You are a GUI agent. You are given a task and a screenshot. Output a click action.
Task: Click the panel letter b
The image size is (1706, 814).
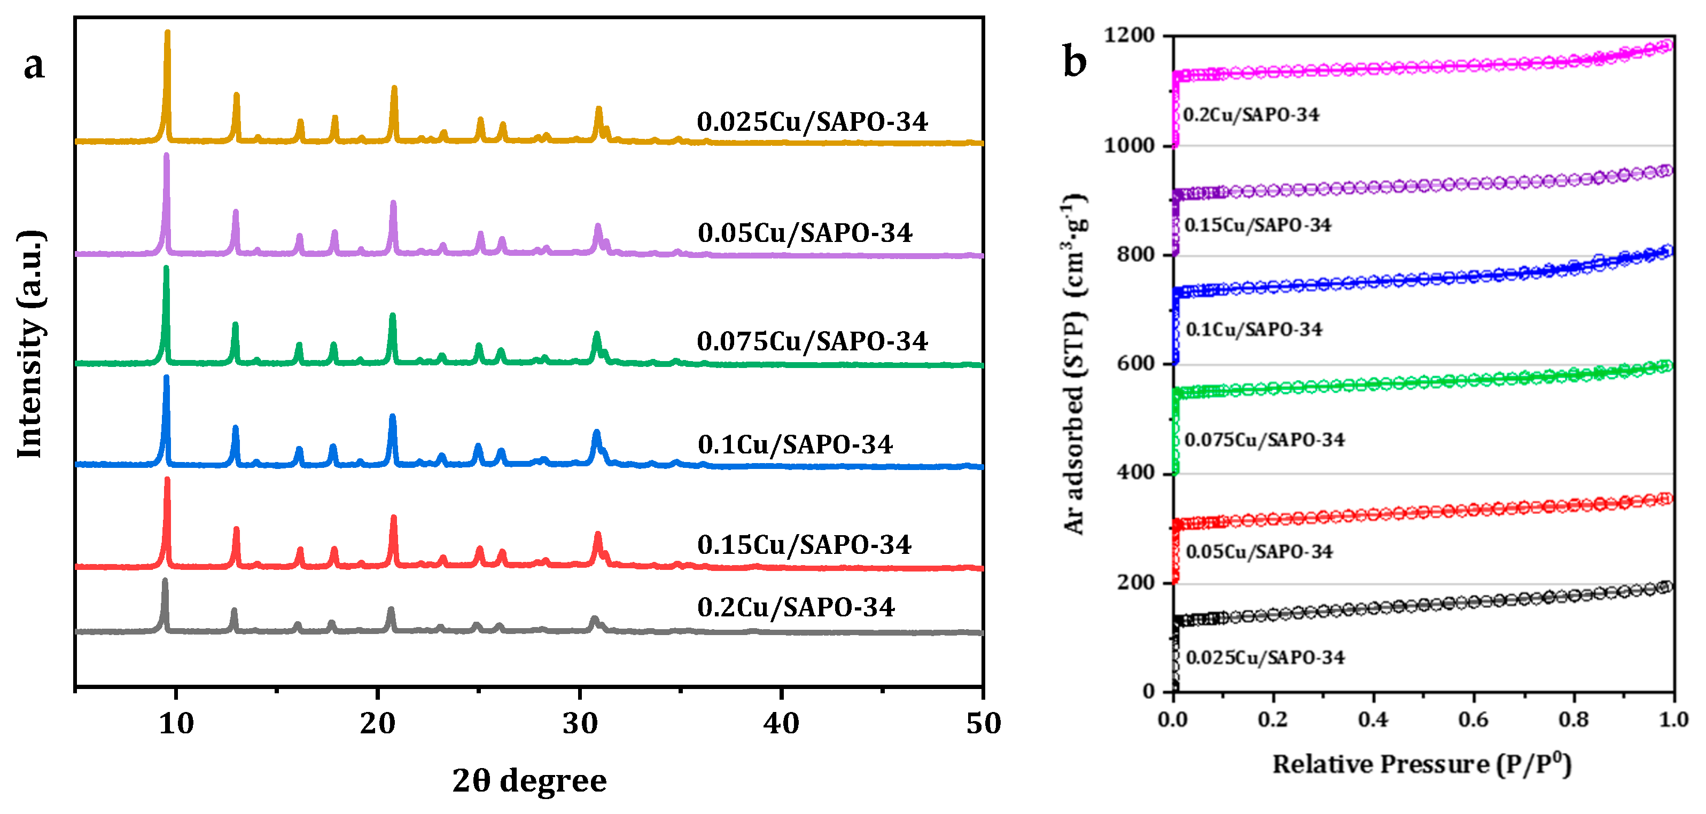pyautogui.click(x=1074, y=61)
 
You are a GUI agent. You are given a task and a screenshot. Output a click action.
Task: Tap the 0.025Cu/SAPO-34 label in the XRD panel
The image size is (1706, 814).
pyautogui.click(x=812, y=122)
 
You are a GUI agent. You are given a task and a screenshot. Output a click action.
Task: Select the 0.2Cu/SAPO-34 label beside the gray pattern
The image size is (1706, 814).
pyautogui.click(x=796, y=607)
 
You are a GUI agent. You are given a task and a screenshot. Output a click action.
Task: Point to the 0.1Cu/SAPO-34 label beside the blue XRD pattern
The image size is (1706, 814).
pyautogui.click(x=794, y=444)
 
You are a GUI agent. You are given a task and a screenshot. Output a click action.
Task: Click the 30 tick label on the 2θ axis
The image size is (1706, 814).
pyautogui.click(x=580, y=723)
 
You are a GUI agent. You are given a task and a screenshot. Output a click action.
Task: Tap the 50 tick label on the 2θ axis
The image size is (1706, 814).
pyautogui.click(x=983, y=723)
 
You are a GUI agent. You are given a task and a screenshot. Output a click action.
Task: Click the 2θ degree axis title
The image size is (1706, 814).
pyautogui.click(x=529, y=780)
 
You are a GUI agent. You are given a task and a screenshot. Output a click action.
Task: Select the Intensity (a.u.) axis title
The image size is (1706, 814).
pyautogui.click(x=30, y=344)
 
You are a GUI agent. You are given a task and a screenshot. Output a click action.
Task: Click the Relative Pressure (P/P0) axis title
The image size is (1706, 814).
pyautogui.click(x=1421, y=764)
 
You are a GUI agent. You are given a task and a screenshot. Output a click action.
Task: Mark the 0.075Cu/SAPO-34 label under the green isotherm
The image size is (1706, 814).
pyautogui.click(x=1264, y=440)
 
